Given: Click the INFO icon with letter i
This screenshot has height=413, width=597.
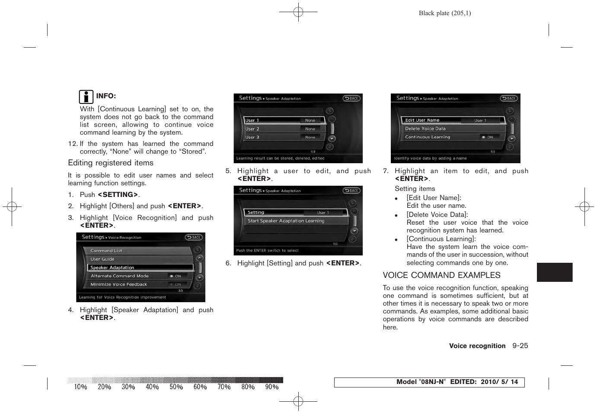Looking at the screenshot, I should pos(86,96).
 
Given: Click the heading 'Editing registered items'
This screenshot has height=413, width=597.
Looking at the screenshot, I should pos(111,163).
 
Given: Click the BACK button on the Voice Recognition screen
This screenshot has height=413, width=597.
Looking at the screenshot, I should pos(194,237).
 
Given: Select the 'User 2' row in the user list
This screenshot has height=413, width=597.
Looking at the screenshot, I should pos(284,129).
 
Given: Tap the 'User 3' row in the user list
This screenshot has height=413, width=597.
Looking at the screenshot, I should pos(284,137).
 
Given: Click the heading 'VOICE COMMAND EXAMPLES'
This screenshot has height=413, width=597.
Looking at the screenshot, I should pos(441,275).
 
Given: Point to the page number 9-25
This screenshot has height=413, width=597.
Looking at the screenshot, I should pos(520,346).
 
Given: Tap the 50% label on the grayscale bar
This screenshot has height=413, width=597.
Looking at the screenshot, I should pos(176,387).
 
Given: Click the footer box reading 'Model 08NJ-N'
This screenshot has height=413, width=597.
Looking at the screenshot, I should pos(429,382).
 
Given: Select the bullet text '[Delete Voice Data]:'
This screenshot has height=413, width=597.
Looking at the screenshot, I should pos(437,215).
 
